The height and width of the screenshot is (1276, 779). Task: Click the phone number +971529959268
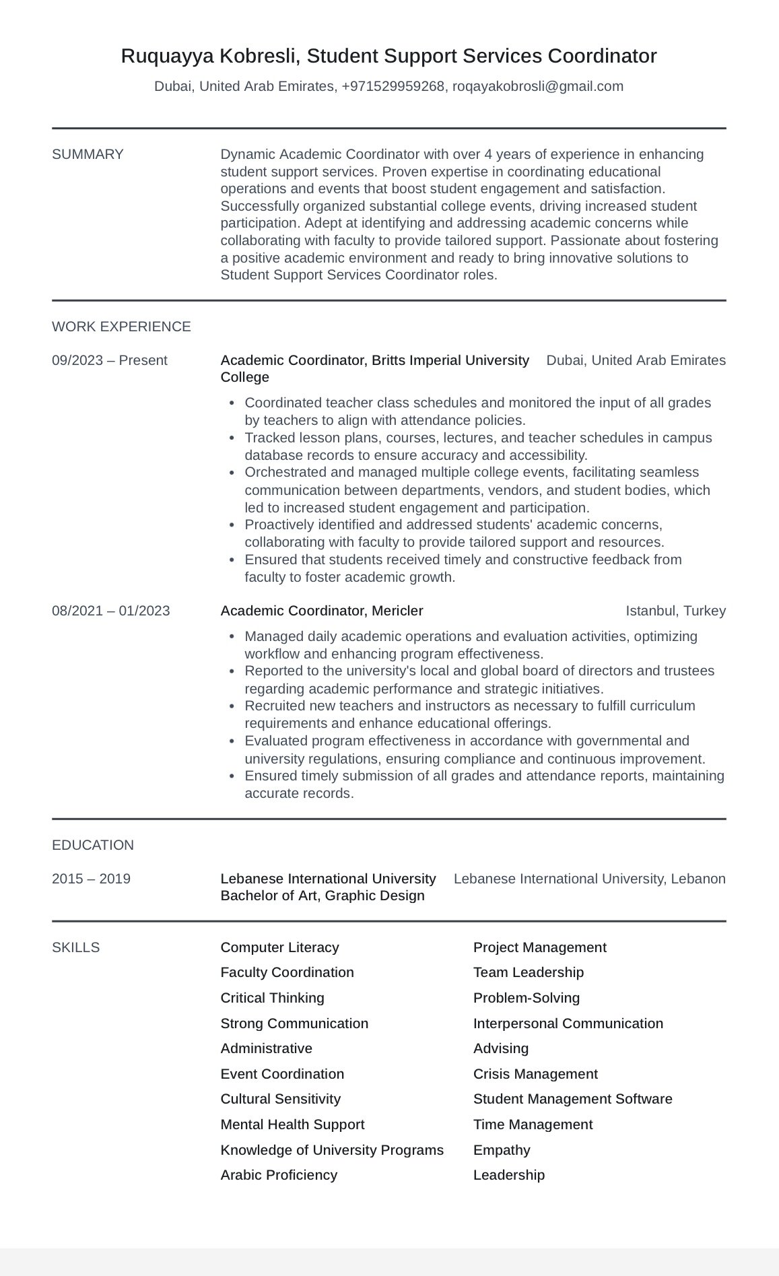coord(393,86)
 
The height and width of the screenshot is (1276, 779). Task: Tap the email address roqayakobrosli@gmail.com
coord(537,86)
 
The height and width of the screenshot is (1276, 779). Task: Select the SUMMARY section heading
coord(88,154)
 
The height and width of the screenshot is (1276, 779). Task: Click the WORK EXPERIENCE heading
coord(121,327)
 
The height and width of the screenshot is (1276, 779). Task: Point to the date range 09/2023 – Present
coord(109,360)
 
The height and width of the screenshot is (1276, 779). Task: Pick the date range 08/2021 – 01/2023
coord(110,611)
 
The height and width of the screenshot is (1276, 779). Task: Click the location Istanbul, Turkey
coord(675,611)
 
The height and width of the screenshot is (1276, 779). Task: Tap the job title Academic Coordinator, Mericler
coord(322,611)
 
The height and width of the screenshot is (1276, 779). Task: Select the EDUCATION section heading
coord(93,845)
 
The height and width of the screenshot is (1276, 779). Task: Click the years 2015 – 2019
coord(91,879)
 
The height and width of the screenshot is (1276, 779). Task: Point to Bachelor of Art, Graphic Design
coord(323,896)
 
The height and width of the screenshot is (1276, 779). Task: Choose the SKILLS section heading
coord(75,947)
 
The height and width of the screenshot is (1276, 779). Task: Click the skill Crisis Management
coord(535,1074)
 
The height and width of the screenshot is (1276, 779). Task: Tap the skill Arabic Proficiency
coord(279,1175)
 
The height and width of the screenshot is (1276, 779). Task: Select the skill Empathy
coord(502,1150)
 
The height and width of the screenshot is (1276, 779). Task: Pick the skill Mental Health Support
coord(292,1124)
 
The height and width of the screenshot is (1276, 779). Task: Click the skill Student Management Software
coord(572,1099)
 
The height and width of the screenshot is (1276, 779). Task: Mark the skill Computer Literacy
coord(279,947)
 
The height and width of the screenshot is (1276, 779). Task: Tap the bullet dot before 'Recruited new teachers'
coord(232,706)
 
